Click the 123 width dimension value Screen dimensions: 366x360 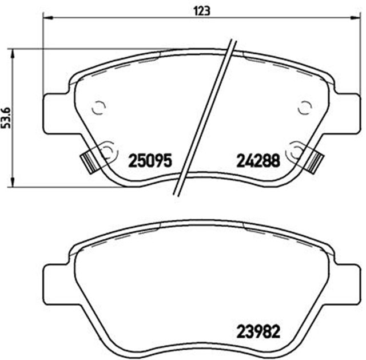click(202, 11)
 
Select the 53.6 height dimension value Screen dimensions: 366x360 click(6, 118)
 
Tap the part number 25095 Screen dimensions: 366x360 click(150, 161)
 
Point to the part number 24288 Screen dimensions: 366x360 click(258, 161)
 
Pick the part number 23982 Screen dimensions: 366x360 click(258, 332)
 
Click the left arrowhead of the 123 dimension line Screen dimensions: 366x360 click(48, 17)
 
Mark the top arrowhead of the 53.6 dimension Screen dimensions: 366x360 click(13, 54)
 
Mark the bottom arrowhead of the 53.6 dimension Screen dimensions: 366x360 click(13, 182)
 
